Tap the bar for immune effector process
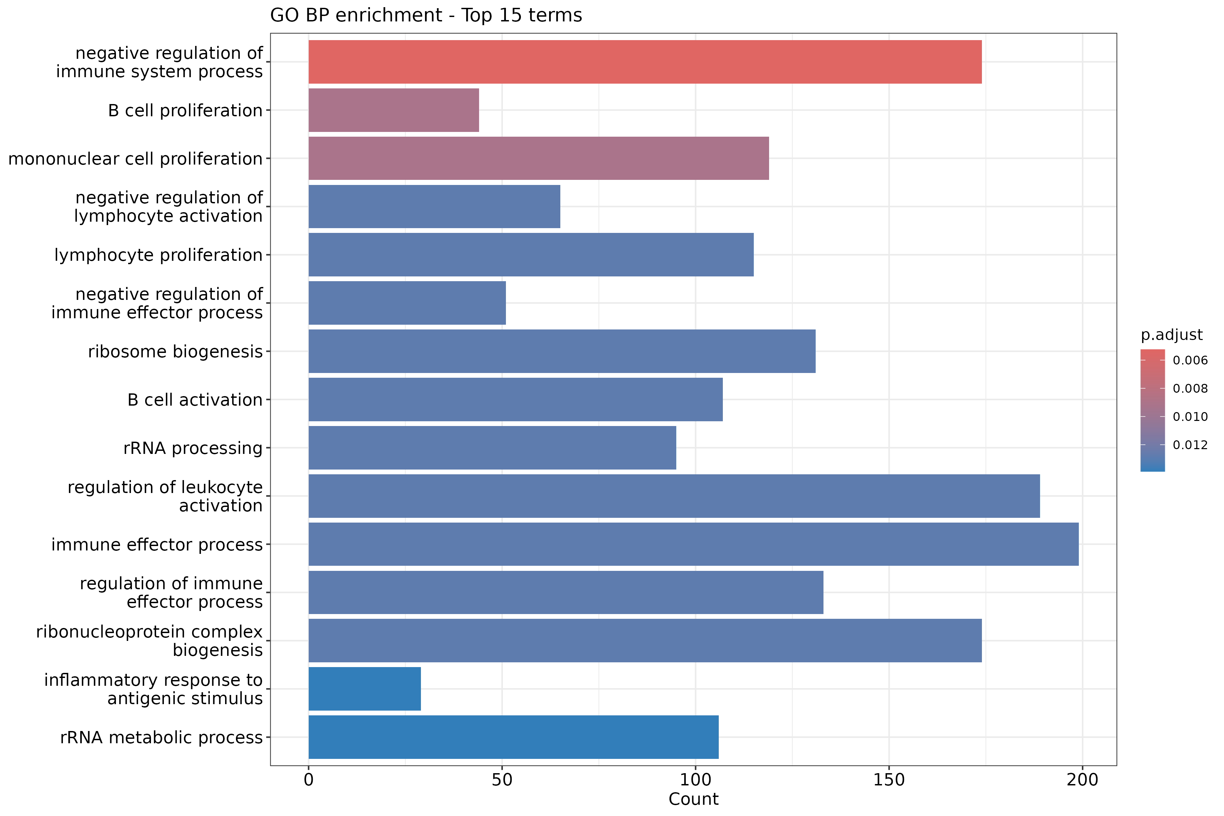tap(693, 544)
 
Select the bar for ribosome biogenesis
tap(562, 351)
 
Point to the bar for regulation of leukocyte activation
tap(674, 496)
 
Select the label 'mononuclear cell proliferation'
tap(135, 159)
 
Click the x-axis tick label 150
tap(889, 780)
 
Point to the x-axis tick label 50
tap(502, 780)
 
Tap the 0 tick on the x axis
tap(309, 780)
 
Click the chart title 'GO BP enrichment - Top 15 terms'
tap(426, 15)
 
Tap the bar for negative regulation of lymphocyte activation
tap(434, 207)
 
